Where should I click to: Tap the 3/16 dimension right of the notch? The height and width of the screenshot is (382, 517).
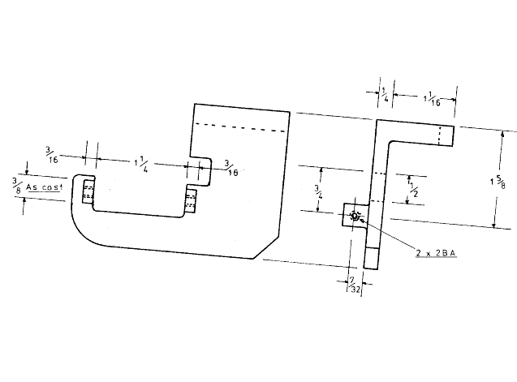[x=231, y=167]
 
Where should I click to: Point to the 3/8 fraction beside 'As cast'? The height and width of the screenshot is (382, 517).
[x=14, y=185]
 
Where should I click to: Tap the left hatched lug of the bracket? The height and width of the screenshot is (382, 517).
[x=88, y=193]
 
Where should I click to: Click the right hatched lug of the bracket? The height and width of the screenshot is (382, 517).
[x=191, y=200]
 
